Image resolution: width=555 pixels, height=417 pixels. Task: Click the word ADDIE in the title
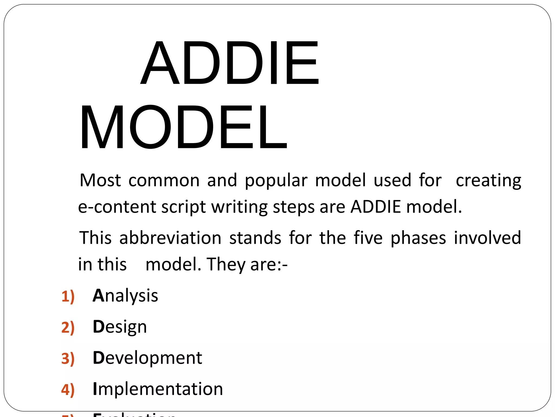(230, 63)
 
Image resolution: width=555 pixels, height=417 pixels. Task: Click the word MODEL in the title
(183, 127)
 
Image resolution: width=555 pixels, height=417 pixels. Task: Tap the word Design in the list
(120, 327)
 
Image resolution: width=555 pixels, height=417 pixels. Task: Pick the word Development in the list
(147, 358)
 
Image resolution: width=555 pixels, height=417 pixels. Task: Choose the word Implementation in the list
(158, 389)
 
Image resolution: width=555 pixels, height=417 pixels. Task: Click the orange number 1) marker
(68, 296)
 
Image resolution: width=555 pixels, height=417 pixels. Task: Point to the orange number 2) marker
(68, 327)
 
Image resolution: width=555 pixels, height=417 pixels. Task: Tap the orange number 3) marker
(68, 359)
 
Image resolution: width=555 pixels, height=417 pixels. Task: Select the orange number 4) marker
(68, 390)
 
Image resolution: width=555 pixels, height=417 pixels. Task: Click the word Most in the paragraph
(100, 180)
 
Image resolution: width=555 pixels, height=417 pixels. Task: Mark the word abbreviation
(170, 238)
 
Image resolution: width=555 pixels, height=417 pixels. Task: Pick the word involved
(487, 238)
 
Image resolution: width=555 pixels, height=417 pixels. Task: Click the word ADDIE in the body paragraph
(376, 207)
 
